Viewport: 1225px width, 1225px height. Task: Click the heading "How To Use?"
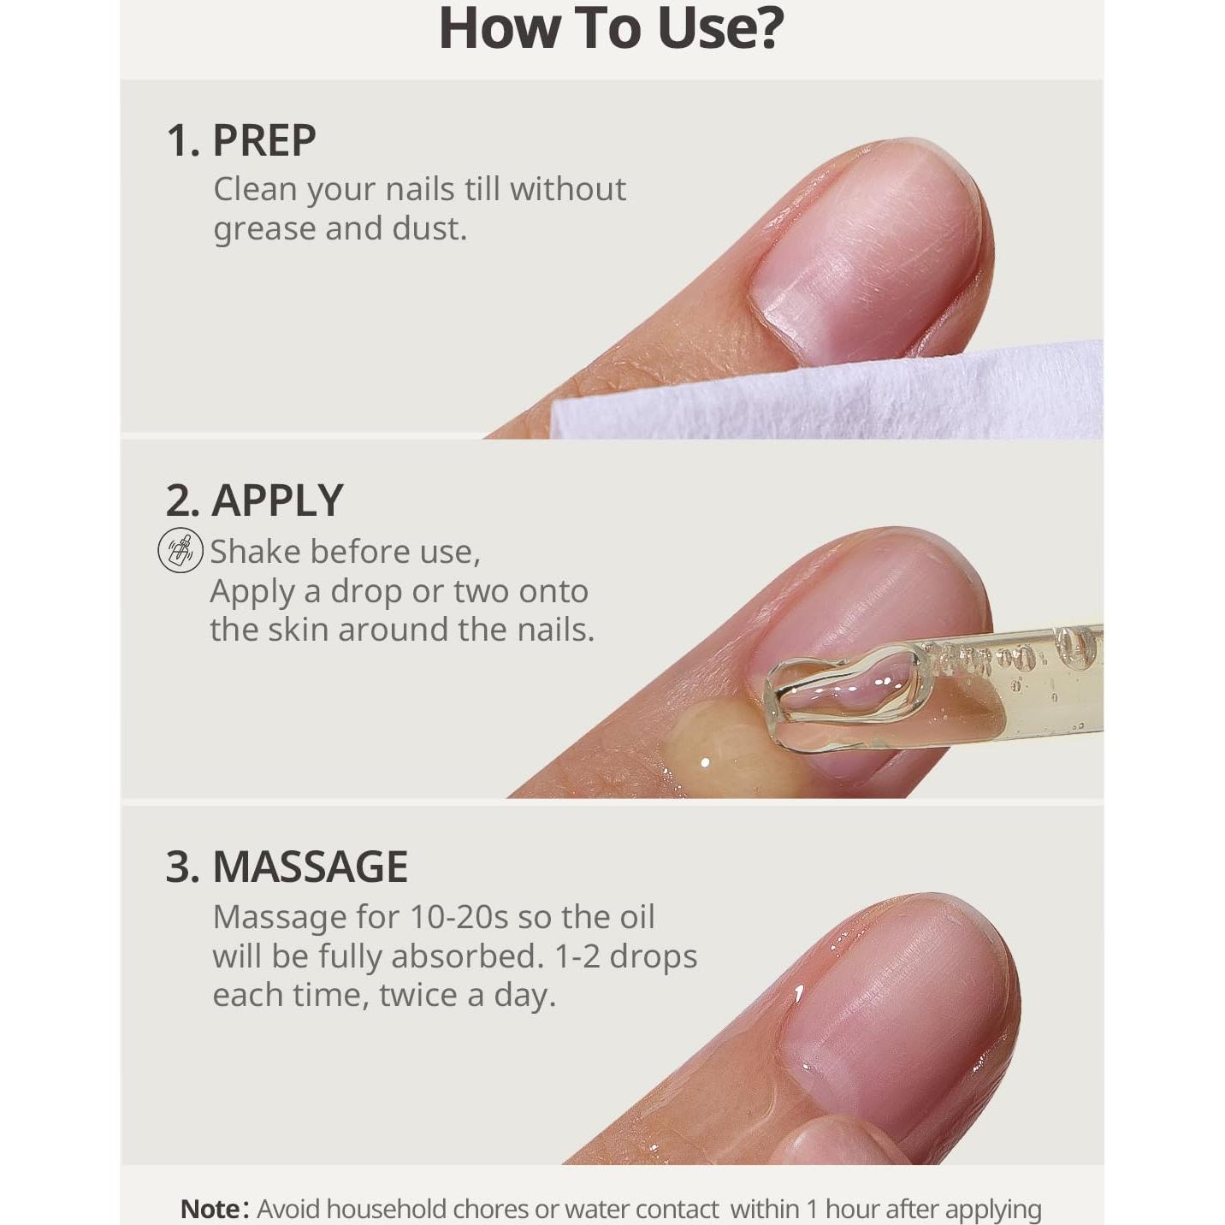pyautogui.click(x=611, y=29)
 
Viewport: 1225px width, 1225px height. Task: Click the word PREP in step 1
pyautogui.click(x=263, y=140)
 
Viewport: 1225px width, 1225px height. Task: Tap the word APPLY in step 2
pyautogui.click(x=277, y=500)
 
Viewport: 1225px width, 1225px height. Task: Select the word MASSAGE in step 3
pyautogui.click(x=310, y=867)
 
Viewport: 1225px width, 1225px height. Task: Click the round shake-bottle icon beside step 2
pyautogui.click(x=180, y=550)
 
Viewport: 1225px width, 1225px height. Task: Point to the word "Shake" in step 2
pyautogui.click(x=256, y=552)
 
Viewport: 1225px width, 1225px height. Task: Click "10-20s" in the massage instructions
pyautogui.click(x=459, y=917)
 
